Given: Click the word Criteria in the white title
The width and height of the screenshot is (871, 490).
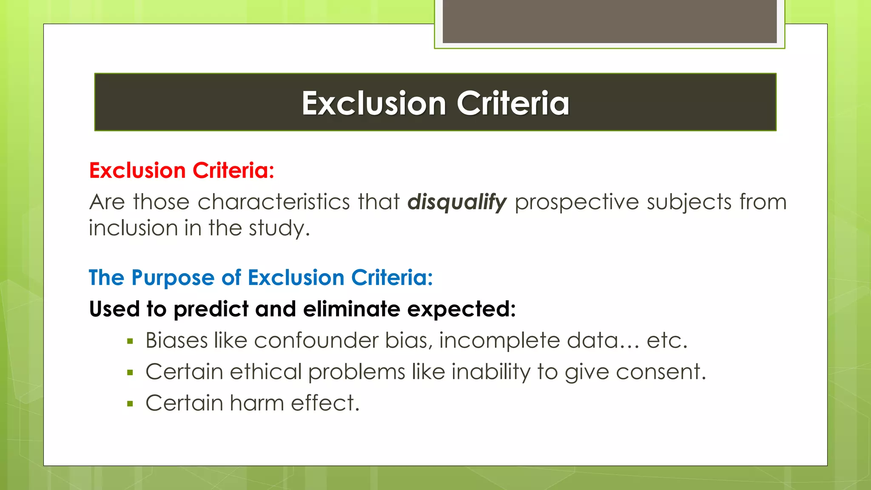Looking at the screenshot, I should point(513,103).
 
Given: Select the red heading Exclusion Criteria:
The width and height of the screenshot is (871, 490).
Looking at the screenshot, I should point(182,171).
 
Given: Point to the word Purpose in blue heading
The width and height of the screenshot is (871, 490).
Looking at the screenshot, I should point(173,278).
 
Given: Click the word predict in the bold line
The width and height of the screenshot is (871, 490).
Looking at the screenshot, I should point(211,309).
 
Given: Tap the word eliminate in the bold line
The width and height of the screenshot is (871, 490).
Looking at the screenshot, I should point(352,309).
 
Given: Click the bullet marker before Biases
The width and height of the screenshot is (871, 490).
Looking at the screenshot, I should point(130,341).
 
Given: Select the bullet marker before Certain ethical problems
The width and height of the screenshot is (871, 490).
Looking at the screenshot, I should point(130,373).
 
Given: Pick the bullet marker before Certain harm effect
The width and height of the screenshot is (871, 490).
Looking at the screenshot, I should point(130,404).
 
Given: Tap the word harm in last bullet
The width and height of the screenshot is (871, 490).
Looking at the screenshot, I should point(256,403).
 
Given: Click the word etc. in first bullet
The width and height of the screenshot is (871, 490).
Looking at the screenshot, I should point(667,341).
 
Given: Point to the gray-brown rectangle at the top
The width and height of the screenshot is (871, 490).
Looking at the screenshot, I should point(609,21).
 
